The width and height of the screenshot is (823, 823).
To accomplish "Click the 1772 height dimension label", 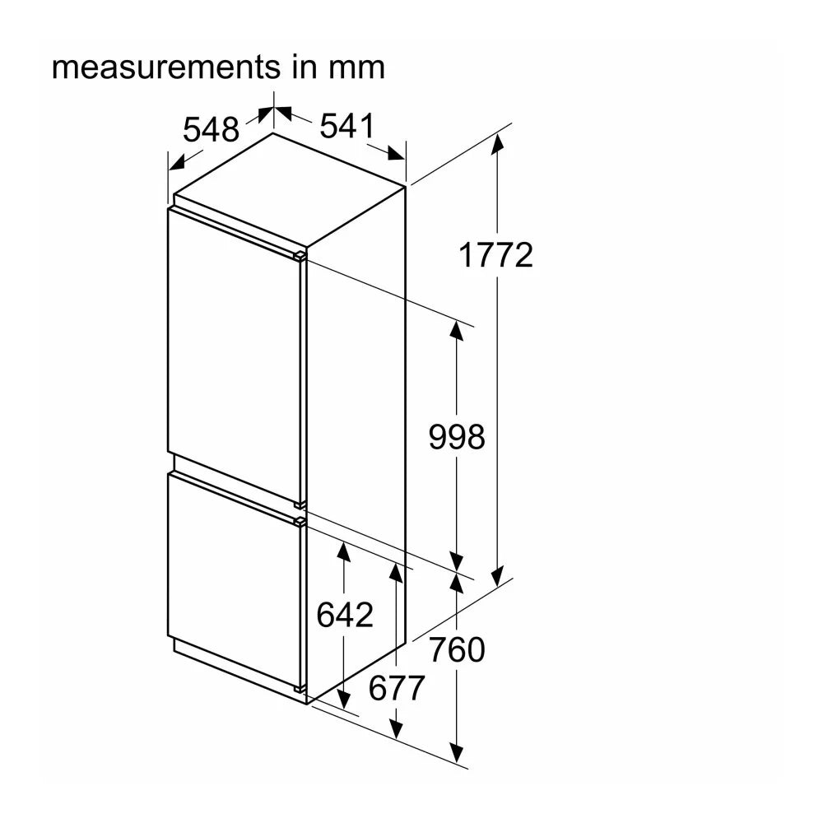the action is (495, 255).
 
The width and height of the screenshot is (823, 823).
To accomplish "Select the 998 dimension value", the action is (457, 437).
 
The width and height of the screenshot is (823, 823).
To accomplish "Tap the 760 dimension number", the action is (457, 650).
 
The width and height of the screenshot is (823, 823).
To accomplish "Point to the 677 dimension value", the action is (397, 687).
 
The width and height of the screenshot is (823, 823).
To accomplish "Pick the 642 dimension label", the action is (345, 614).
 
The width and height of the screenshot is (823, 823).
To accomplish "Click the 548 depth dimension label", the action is (211, 129).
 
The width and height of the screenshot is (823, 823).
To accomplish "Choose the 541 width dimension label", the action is (348, 126).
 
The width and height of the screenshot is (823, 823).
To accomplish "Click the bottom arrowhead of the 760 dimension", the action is (457, 751).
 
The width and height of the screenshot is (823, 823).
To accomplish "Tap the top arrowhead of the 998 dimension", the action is (457, 331).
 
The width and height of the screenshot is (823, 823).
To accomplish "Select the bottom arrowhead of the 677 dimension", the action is (397, 728).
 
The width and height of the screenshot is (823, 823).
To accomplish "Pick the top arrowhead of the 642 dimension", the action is (344, 552).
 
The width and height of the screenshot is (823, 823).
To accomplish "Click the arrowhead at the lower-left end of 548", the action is (177, 163).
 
